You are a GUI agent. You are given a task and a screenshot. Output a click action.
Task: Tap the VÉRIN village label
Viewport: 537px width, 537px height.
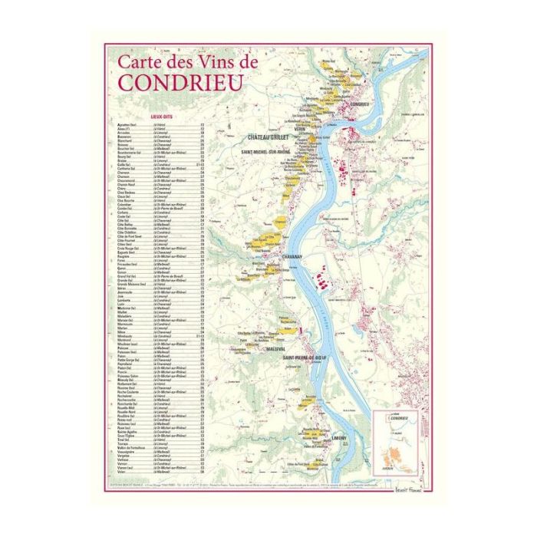[299, 129]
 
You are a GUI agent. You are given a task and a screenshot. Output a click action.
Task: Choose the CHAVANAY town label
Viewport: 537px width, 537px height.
[271, 258]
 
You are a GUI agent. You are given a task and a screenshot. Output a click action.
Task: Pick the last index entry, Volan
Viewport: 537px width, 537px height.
[122, 472]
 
